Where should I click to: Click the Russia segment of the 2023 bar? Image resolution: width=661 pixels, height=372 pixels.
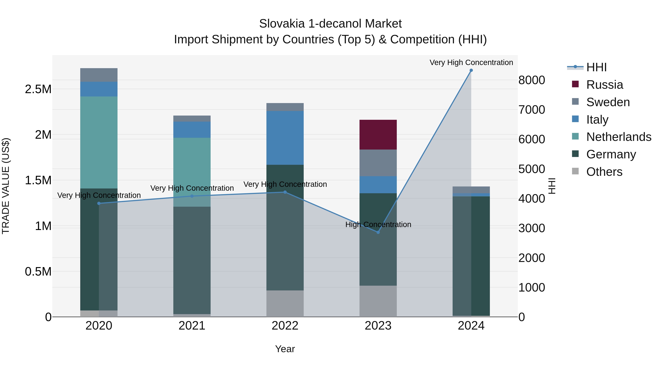coord(378,134)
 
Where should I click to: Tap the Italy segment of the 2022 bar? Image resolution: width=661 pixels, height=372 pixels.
coord(285,138)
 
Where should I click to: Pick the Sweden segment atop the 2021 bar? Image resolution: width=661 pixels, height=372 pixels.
coord(192,119)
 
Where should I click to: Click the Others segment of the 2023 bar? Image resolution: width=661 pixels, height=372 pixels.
coord(378,301)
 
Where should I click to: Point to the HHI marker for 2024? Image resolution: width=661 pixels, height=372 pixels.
coord(471,70)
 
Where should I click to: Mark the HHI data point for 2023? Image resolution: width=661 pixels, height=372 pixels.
coord(378,232)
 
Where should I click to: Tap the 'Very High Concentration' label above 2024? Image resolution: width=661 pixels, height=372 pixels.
coord(471,63)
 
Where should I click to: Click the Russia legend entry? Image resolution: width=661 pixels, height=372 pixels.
coord(604,85)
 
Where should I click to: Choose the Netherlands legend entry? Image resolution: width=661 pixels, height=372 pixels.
coord(618,137)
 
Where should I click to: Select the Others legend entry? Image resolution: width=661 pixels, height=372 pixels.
coord(604,172)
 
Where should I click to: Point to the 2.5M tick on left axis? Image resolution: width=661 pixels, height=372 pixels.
coord(38,89)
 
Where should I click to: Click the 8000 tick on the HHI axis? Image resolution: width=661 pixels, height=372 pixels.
coord(531,80)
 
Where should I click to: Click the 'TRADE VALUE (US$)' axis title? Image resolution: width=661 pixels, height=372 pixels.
coord(6,186)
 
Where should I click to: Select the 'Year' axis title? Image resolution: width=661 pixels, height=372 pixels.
coord(285,349)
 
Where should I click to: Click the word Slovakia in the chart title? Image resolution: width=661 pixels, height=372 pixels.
coord(281,24)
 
